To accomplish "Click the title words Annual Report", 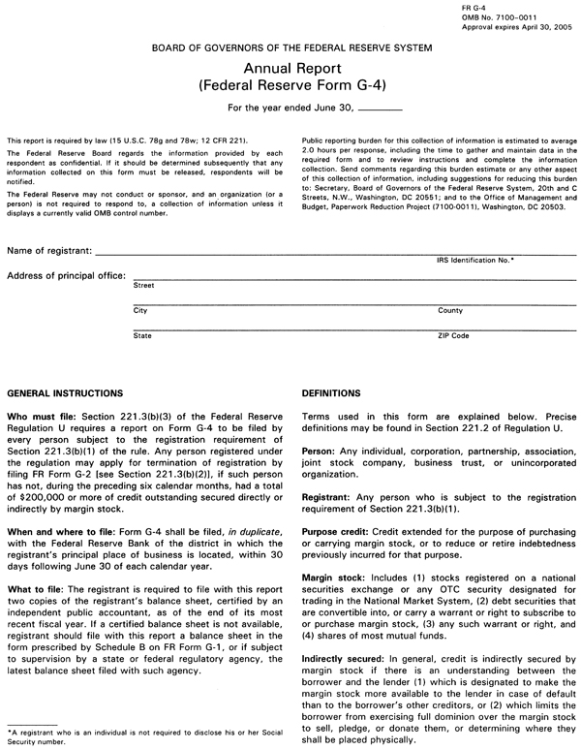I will click(290, 69).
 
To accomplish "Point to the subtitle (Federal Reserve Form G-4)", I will click(291, 85).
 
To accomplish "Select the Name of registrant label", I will click(49, 251).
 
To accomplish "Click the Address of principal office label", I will click(66, 275).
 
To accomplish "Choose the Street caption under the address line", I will click(143, 287).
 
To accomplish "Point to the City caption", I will click(140, 311).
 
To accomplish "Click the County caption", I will click(450, 311).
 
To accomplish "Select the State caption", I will click(142, 335).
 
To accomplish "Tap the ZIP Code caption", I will click(454, 335).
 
